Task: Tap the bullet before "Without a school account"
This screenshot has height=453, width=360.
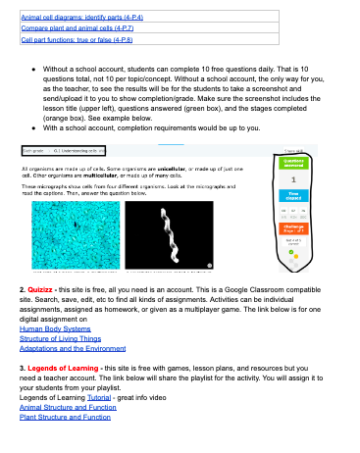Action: [34, 71]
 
